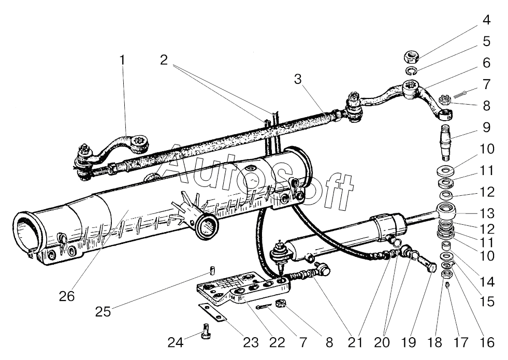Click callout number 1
tap(122, 60)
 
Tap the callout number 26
tap(67, 296)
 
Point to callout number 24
tap(175, 342)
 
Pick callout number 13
tap(486, 213)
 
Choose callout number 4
tap(486, 20)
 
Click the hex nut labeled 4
tap(412, 54)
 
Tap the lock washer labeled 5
tap(411, 71)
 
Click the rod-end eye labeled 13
tap(446, 212)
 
